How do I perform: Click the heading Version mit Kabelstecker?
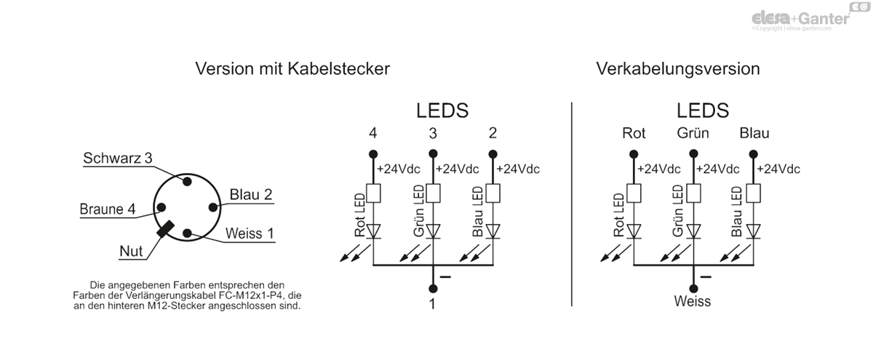(x=292, y=69)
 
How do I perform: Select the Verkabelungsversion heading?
(x=678, y=69)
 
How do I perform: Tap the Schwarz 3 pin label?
(x=117, y=158)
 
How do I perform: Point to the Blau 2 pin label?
(x=250, y=194)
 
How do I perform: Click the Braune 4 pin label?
(x=107, y=209)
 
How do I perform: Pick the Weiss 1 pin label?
(x=250, y=233)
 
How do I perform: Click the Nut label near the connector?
(x=131, y=252)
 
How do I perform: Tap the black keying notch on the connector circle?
(x=165, y=229)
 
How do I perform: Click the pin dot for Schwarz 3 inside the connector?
(x=187, y=181)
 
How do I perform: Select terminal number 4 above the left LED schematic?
(x=373, y=133)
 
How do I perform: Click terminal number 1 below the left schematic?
(x=432, y=304)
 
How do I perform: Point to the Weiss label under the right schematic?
(x=693, y=301)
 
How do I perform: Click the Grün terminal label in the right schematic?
(x=693, y=133)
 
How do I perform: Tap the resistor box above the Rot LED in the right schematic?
(x=634, y=193)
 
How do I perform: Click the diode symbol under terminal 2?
(x=493, y=231)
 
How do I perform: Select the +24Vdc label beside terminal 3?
(x=457, y=169)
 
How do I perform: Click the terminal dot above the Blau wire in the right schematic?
(x=754, y=154)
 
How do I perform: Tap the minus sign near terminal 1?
(x=445, y=277)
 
